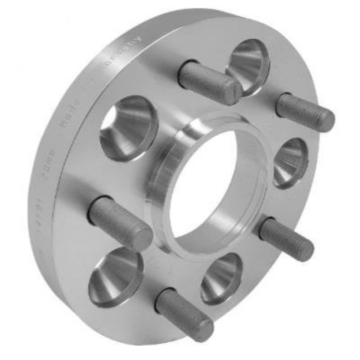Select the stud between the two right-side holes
(x=286, y=238)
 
